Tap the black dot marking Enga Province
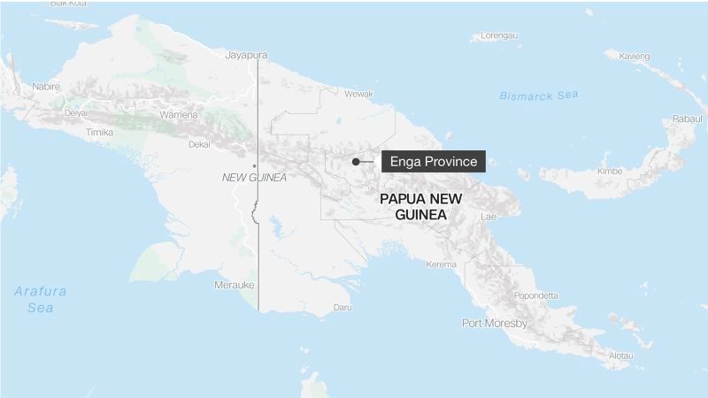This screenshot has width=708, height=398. (355, 162)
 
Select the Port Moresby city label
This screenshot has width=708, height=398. (495, 324)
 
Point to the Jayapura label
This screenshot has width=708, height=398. (246, 55)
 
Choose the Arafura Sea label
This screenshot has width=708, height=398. (40, 299)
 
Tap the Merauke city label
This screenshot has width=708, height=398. (235, 285)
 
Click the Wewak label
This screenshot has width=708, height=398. (358, 93)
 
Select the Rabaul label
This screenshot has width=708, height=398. (686, 119)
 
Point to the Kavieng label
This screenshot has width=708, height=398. (634, 57)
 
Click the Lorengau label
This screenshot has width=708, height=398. (493, 36)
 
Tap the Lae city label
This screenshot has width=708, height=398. (489, 217)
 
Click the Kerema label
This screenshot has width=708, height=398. (441, 264)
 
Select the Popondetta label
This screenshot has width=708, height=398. (536, 295)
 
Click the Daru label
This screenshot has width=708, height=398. (342, 308)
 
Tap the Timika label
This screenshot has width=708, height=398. (99, 132)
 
